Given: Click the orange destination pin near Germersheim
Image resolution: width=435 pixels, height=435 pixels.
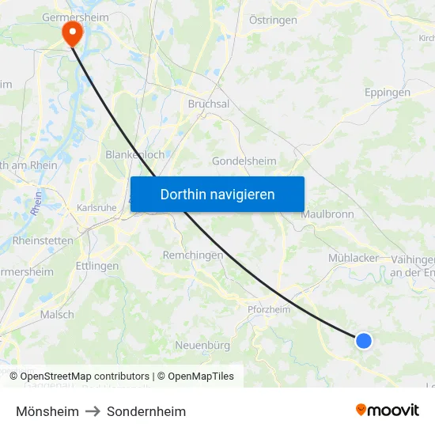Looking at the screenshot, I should [72, 32].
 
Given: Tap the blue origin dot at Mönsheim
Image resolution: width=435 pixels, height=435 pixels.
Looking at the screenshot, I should [363, 340].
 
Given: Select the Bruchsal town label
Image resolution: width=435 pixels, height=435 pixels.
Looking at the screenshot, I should [209, 104].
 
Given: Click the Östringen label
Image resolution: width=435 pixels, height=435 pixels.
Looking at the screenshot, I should [273, 20].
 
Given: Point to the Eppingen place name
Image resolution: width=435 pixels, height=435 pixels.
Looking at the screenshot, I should [388, 93].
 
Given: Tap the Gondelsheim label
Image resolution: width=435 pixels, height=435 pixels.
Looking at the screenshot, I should [244, 161].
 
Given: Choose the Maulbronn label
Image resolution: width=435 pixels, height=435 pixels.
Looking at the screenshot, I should [327, 214].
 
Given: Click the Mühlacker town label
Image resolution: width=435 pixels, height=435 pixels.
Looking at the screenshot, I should [354, 258].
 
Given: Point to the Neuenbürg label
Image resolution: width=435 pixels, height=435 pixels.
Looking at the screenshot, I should [202, 345].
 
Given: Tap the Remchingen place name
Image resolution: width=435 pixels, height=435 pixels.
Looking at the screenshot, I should [192, 255].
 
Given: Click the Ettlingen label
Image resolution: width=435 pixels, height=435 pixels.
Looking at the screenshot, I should [97, 266].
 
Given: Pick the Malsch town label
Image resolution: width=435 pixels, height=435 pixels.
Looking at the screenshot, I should [57, 314].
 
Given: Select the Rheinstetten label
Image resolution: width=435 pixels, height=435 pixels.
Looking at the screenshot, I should [43, 240].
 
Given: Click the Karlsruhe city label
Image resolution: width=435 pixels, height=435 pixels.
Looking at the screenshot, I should [96, 208].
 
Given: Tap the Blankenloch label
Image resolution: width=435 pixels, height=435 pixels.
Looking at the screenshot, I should [135, 155].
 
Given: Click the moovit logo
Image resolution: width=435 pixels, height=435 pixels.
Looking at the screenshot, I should [388, 410].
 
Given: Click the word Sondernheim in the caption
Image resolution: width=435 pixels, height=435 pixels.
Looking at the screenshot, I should [146, 411].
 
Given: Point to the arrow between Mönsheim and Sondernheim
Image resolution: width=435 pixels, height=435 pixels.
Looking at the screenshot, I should [93, 411].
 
